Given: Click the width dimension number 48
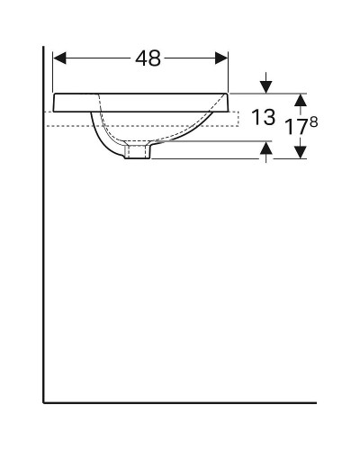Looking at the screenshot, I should pos(148,58).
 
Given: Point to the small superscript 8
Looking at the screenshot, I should pos(313,121).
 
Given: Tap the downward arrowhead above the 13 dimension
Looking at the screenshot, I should pos(265,86).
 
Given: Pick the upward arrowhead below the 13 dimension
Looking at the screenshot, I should pos(265,148).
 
